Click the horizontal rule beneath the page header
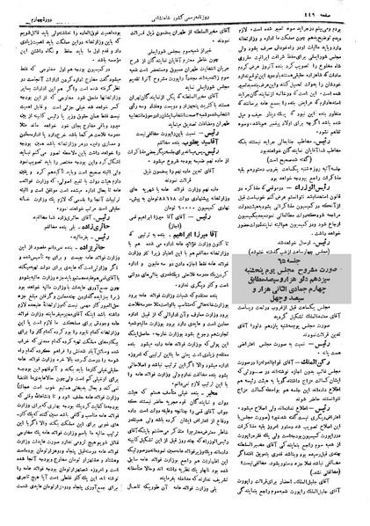point(185,15)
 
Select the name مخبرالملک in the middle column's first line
point(216,22)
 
